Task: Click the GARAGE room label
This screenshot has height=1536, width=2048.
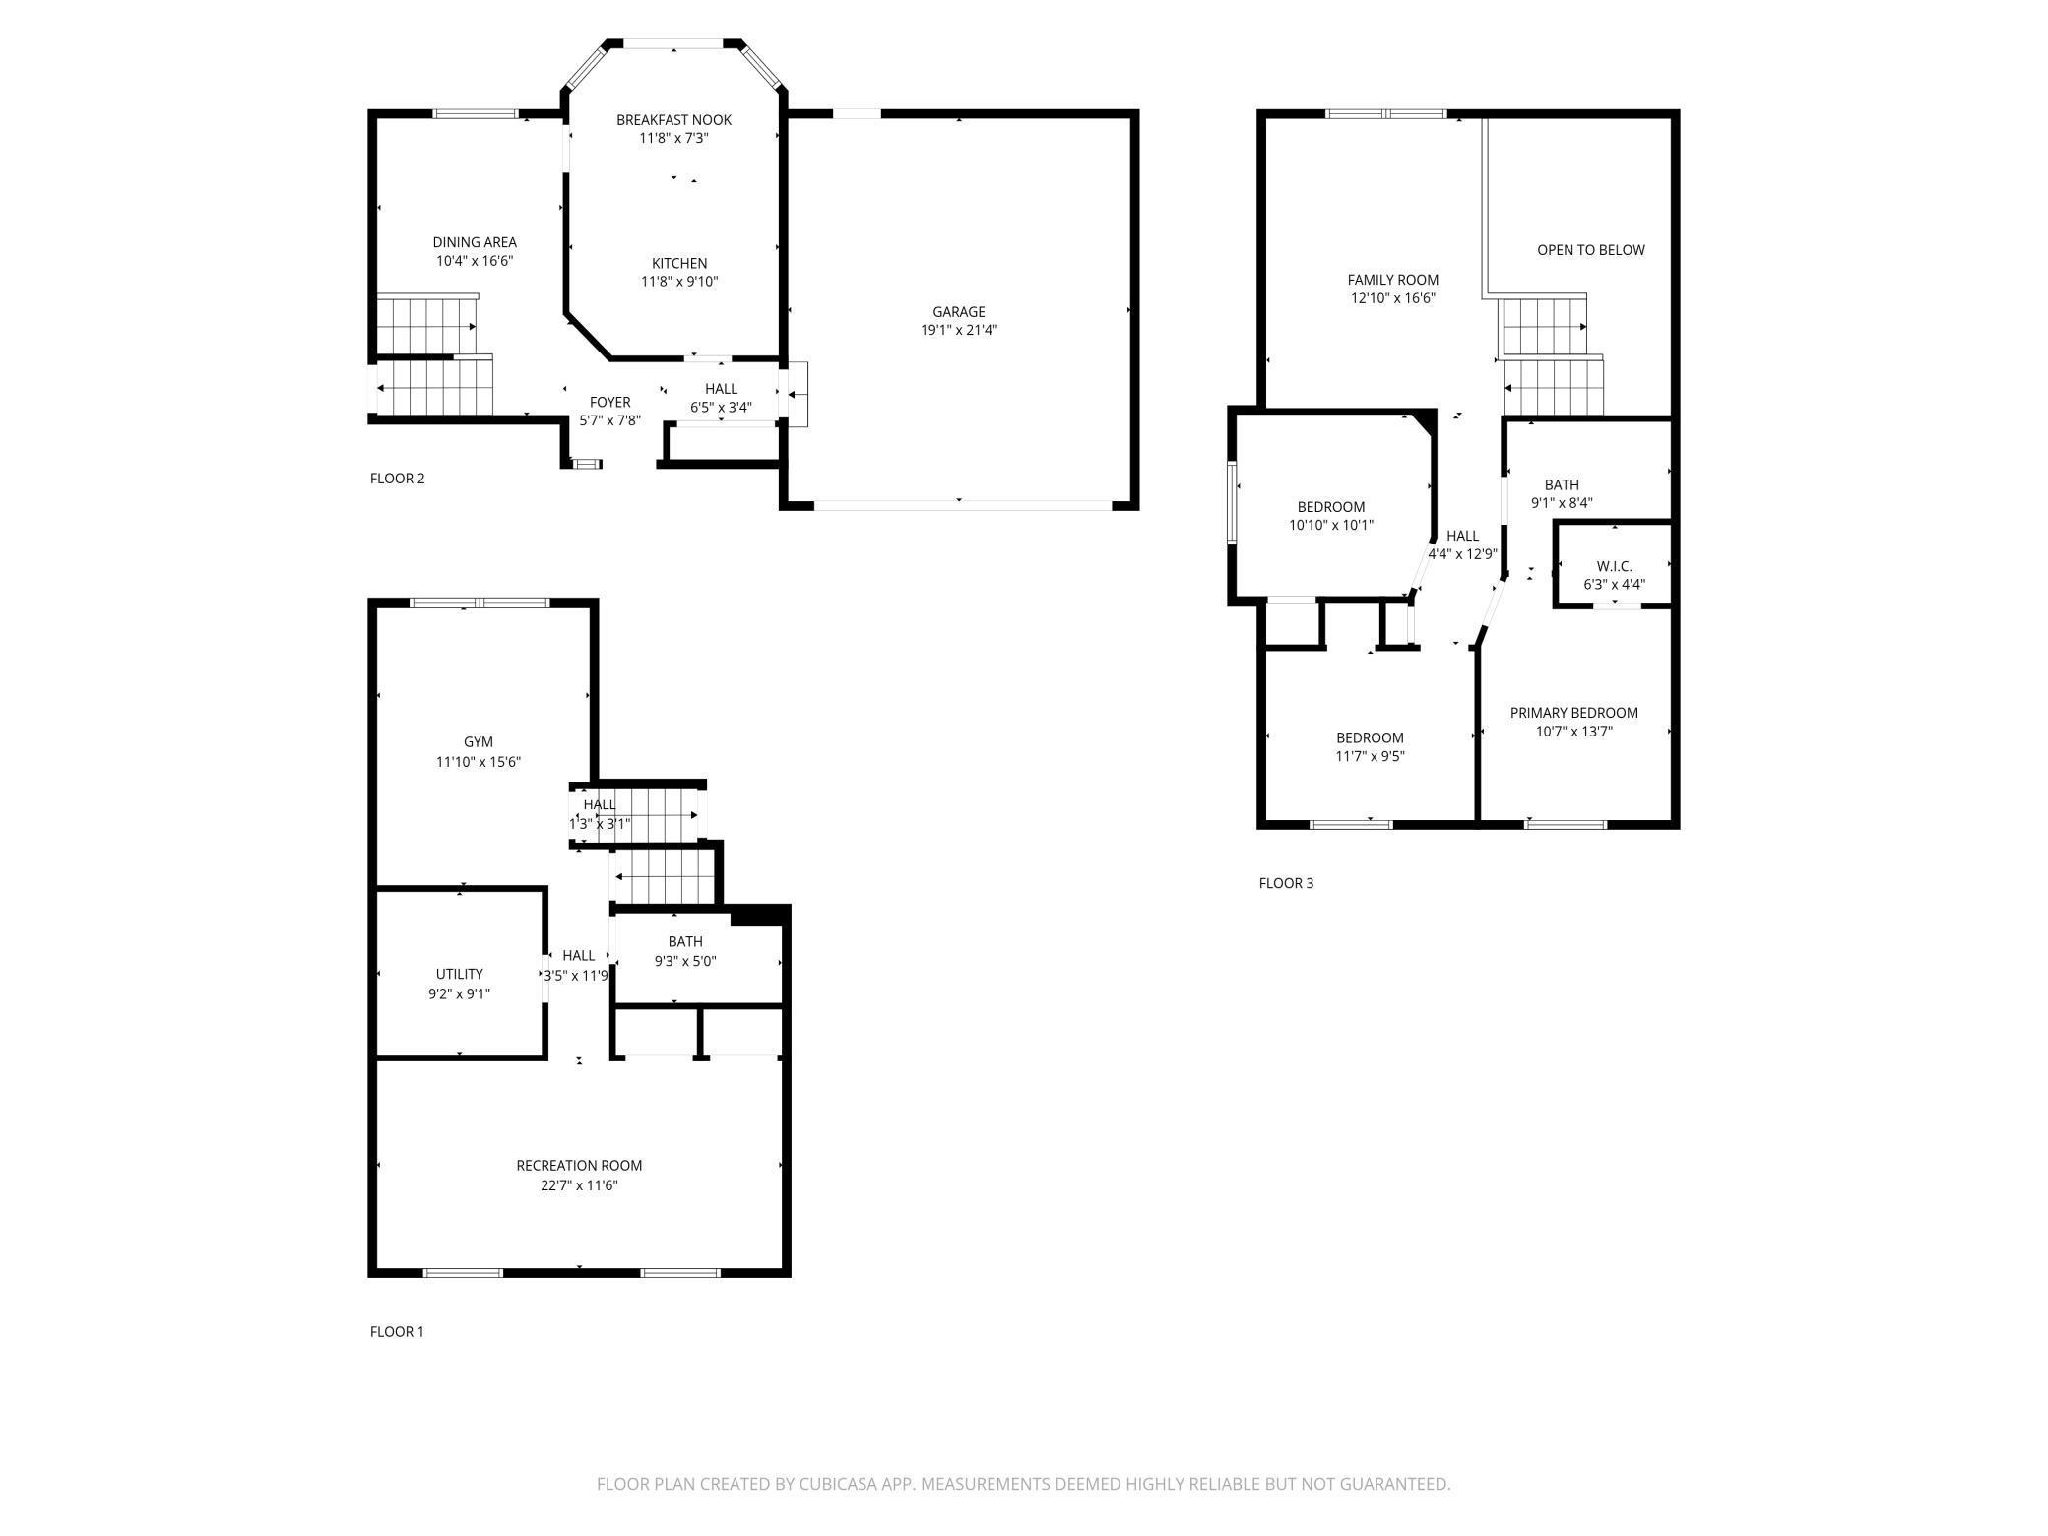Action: click(x=958, y=312)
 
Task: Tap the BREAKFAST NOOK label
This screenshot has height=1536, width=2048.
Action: click(x=673, y=120)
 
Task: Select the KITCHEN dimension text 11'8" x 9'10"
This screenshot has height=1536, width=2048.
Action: click(x=679, y=282)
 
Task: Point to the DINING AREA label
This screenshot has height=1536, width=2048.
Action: click(x=475, y=242)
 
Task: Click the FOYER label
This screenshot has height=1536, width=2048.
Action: click(x=609, y=402)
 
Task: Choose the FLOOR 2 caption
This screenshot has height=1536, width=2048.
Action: click(x=397, y=479)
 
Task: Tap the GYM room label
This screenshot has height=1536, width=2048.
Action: click(x=479, y=742)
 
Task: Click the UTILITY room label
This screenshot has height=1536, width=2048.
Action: click(x=459, y=974)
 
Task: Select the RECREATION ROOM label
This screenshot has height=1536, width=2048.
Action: click(x=579, y=1166)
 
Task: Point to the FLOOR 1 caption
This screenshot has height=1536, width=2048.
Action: click(x=397, y=1332)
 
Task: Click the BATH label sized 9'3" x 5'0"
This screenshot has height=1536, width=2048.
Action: click(x=685, y=942)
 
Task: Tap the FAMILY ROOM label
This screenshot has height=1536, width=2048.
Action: click(x=1393, y=280)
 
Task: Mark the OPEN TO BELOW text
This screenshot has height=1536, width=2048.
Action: click(x=1591, y=250)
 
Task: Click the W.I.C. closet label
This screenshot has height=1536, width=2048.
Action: click(x=1614, y=566)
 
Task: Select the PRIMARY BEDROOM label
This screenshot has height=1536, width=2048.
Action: click(x=1574, y=713)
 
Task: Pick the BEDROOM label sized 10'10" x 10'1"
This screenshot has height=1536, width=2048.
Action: click(x=1330, y=507)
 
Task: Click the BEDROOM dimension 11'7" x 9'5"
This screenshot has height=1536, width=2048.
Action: click(x=1370, y=756)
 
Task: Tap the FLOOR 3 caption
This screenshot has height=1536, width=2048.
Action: click(x=1286, y=883)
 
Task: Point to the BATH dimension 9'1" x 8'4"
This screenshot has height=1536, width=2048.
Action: click(x=1562, y=503)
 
